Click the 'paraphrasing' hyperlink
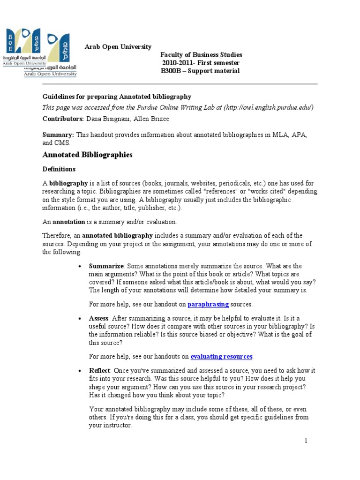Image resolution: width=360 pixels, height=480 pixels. point(208,304)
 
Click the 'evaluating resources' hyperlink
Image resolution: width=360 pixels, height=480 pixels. point(221,356)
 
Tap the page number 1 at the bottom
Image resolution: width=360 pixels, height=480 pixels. point(306,441)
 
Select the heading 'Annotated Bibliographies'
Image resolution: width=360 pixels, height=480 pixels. point(88,155)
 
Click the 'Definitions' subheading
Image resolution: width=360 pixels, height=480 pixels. point(59,169)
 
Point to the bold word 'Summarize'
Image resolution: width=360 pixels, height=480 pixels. point(106,266)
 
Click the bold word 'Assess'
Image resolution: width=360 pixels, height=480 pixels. point(98,318)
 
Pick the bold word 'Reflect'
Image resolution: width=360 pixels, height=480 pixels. point(99,370)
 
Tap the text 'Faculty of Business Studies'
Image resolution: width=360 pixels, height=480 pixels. point(201,55)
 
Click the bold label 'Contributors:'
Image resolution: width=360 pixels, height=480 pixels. point(63,119)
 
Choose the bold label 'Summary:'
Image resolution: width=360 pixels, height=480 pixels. point(59,135)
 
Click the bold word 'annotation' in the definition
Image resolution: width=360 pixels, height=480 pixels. point(68,222)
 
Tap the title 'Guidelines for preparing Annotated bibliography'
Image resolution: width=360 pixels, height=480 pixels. point(117,97)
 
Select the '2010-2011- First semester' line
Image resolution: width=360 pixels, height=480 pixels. point(201,63)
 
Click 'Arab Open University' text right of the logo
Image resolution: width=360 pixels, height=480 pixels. point(118,46)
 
